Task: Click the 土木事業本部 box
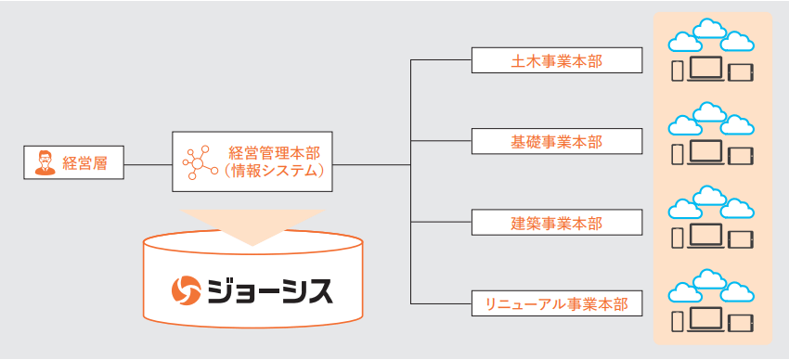tap(556, 61)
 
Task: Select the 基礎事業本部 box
tap(556, 142)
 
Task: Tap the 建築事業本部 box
tap(556, 223)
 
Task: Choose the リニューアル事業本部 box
tap(556, 303)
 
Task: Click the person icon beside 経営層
tap(43, 164)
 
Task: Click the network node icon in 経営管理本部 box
tap(199, 162)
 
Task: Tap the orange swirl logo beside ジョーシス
tap(187, 290)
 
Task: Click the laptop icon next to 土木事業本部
tap(708, 71)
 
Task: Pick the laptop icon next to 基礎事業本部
tap(708, 152)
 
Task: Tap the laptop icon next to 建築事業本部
tap(708, 234)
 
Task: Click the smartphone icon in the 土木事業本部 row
tap(678, 71)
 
